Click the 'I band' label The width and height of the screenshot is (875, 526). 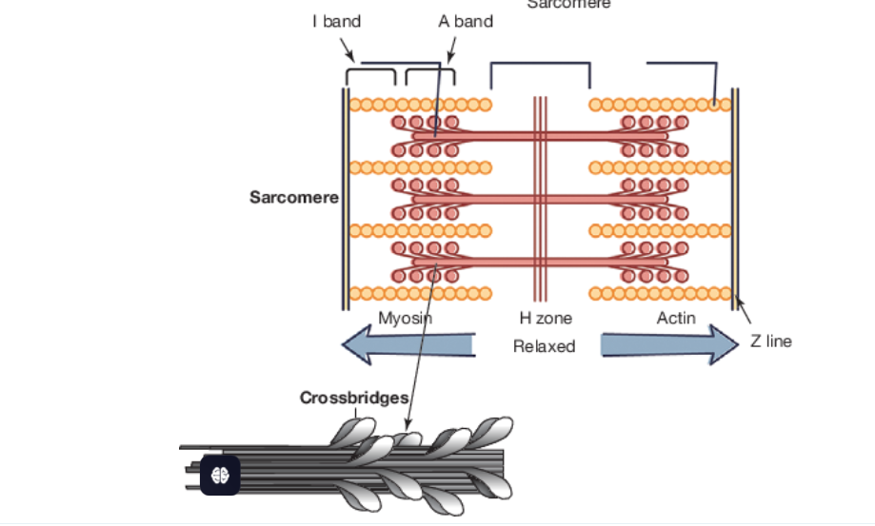coord(336,21)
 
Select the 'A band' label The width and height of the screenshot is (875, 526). coord(465,21)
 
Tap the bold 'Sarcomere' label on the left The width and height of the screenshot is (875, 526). coord(293,198)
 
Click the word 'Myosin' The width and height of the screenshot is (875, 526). coord(405,318)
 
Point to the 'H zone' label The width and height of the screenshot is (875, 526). coord(545,318)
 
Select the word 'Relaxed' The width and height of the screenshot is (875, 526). coord(544,346)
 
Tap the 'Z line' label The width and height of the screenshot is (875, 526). coord(770,341)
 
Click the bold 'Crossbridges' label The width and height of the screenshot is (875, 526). coord(354,398)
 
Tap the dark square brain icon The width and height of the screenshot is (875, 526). coord(219,474)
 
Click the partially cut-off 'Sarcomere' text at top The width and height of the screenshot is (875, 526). coord(568,5)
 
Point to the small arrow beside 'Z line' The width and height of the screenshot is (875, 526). coord(744,313)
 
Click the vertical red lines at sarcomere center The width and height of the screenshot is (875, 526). coord(540,198)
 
